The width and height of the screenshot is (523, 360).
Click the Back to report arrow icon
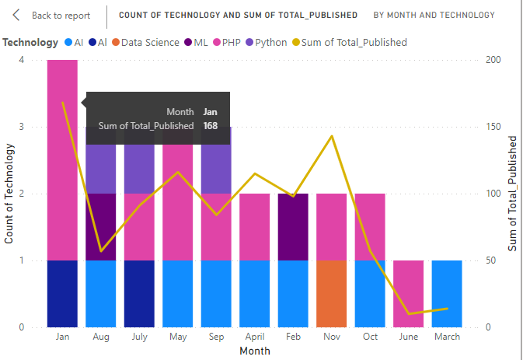click(16, 15)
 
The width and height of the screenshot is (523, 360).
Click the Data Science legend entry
click(145, 43)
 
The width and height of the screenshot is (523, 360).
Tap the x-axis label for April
click(255, 337)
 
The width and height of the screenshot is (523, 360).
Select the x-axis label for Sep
click(217, 337)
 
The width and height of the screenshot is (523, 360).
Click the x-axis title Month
click(255, 351)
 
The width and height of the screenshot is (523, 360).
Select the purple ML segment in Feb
click(293, 226)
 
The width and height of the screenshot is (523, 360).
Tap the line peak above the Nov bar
click(333, 136)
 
